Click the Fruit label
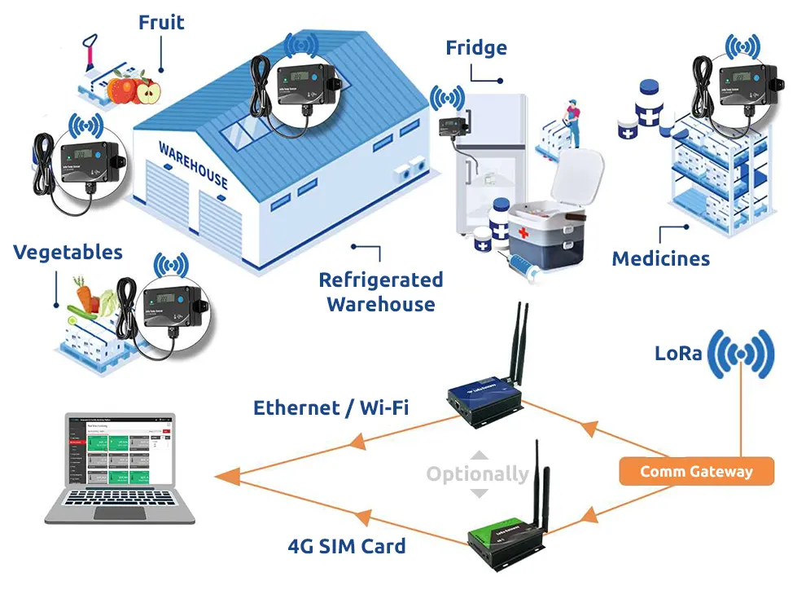161,22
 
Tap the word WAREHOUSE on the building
193,164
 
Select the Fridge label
476,48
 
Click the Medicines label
660,259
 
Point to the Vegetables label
68,252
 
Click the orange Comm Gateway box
696,471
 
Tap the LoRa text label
678,354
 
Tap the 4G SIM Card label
347,545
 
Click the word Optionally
478,473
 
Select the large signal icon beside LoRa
740,354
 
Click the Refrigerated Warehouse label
380,292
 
